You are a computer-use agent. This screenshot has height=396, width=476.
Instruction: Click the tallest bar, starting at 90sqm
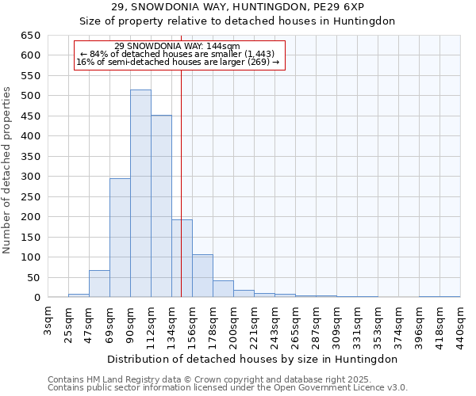click(x=140, y=194)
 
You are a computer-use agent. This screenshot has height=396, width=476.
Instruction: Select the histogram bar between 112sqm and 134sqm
click(x=161, y=207)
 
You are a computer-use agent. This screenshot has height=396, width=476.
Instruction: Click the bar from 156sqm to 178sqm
click(x=202, y=276)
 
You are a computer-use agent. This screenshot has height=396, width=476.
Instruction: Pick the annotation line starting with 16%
click(x=178, y=62)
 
